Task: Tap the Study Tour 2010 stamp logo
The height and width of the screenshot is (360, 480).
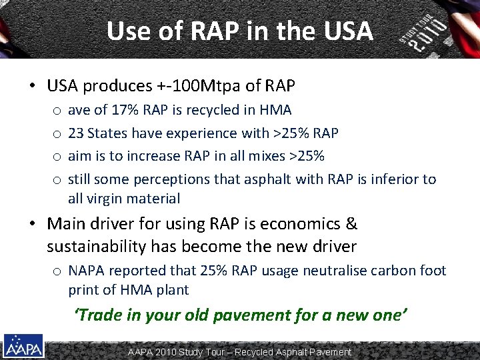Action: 425,33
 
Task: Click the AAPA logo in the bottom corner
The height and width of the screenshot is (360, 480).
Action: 23,345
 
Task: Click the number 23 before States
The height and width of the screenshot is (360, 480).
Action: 76,133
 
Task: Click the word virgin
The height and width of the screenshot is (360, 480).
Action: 104,198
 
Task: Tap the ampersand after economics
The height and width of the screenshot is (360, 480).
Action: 352,223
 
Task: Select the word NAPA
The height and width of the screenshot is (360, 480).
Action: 86,271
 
